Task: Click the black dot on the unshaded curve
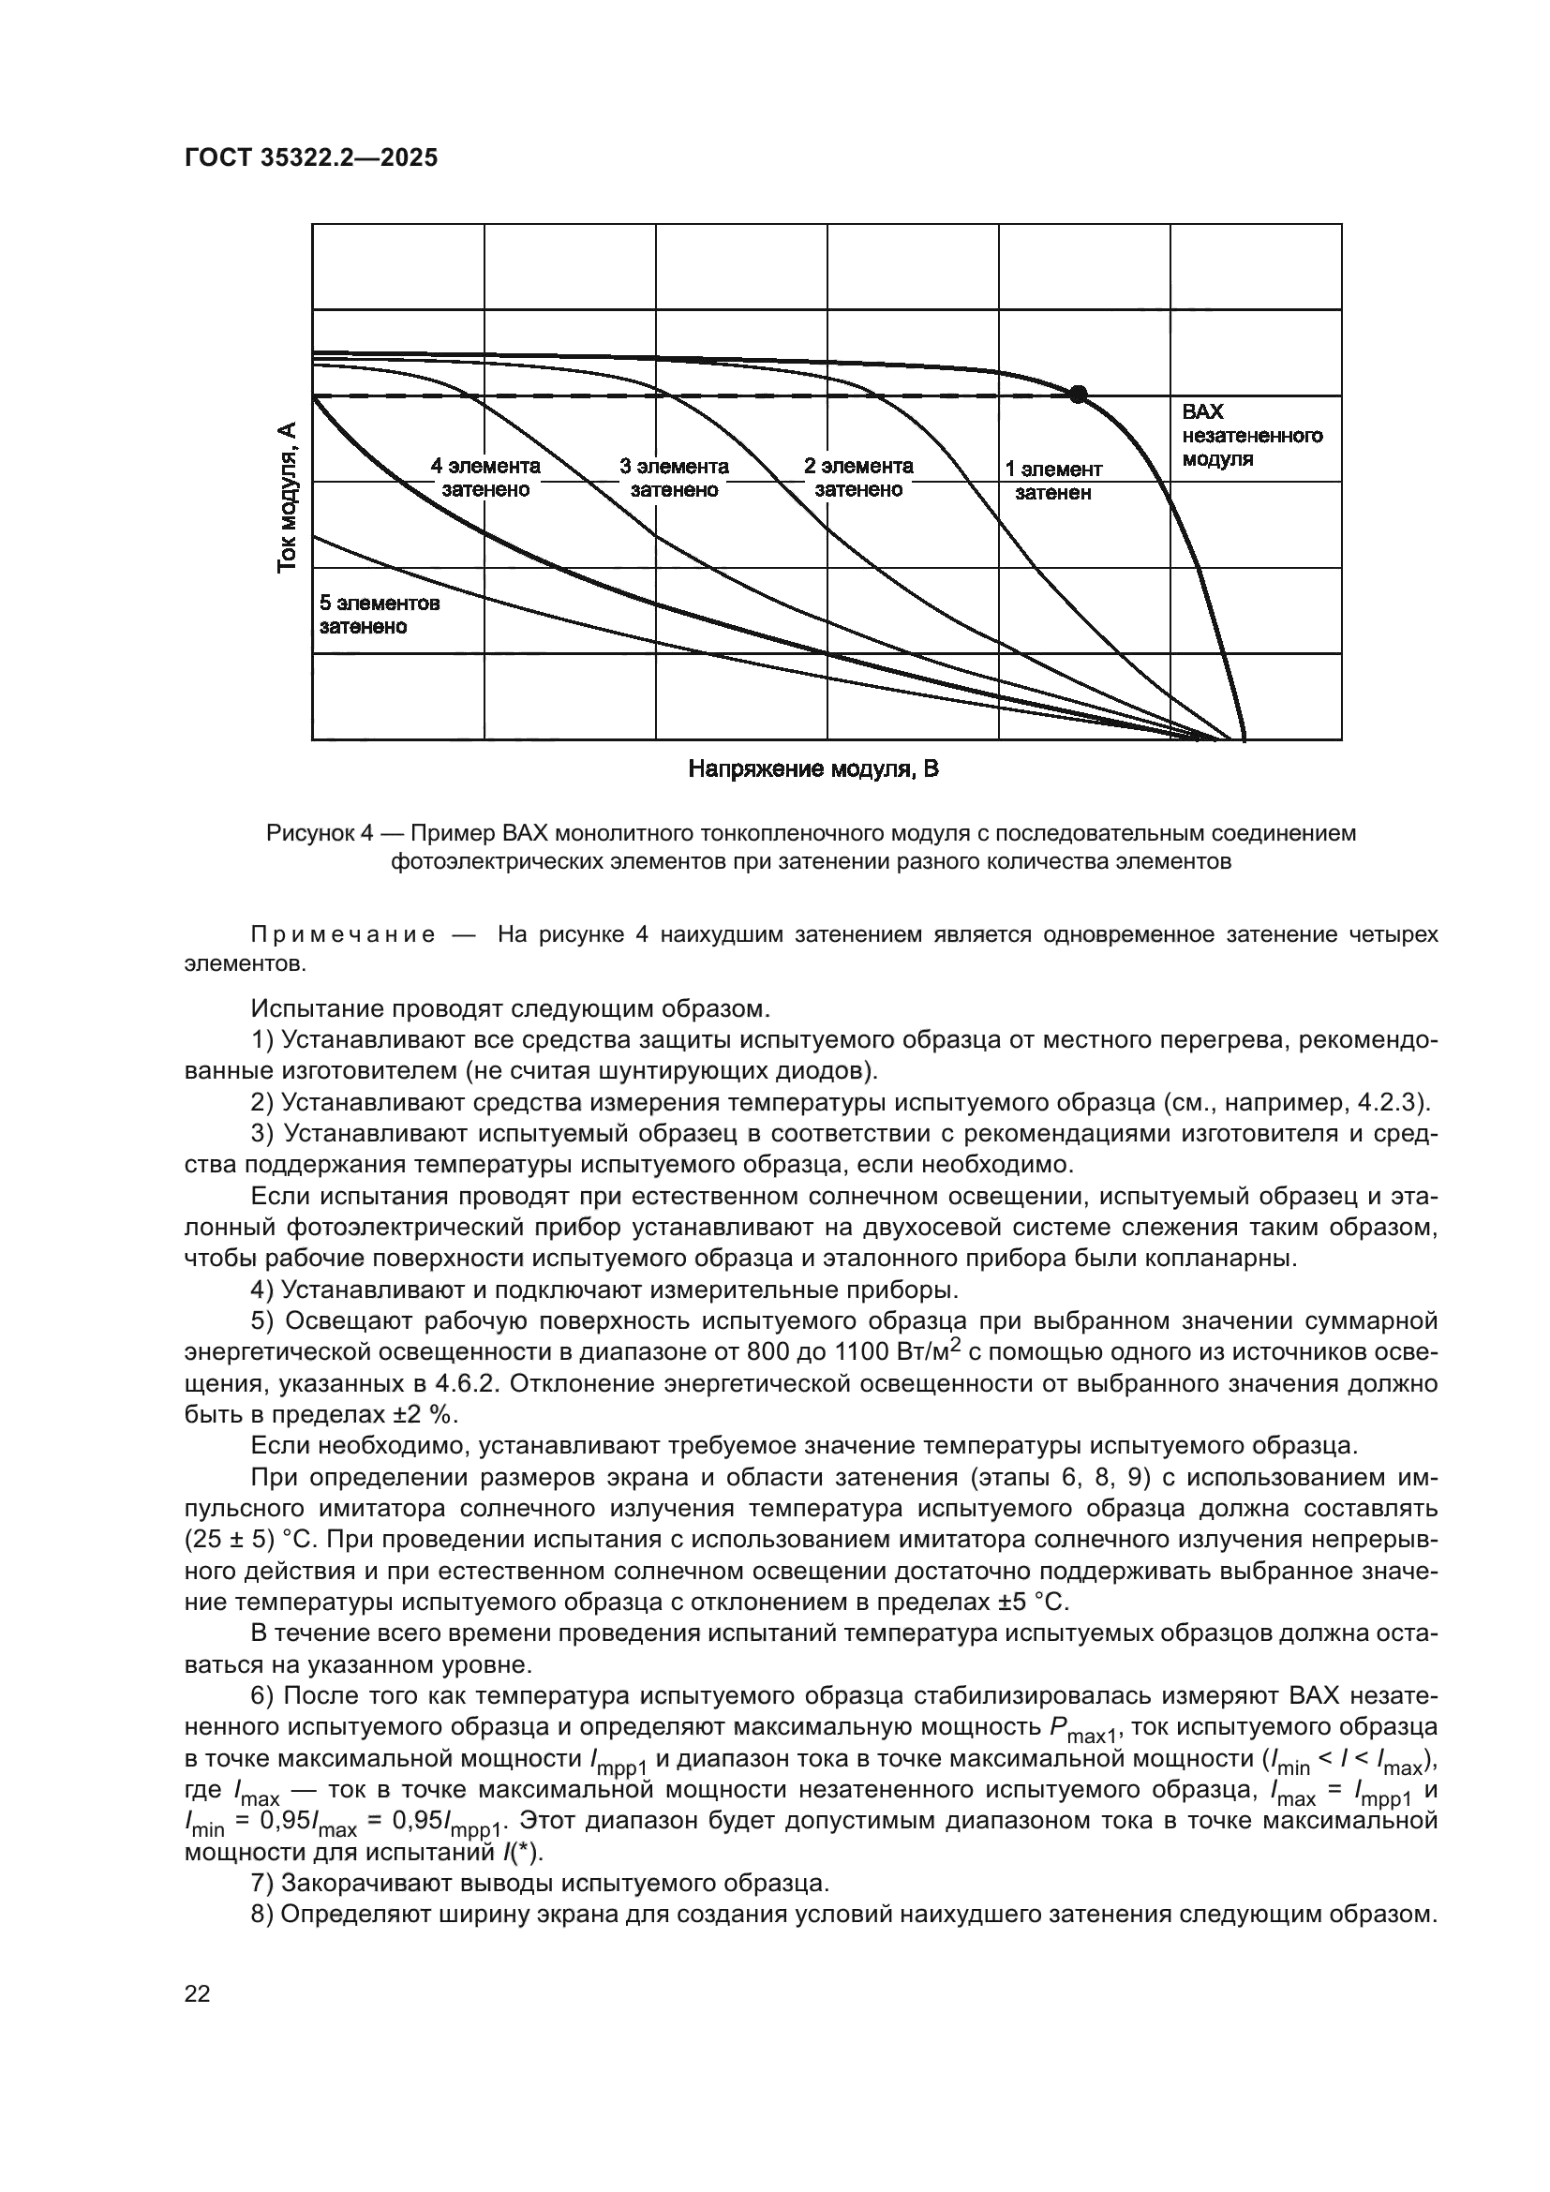pyautogui.click(x=1078, y=394)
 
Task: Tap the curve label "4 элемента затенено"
pyautogui.click(x=484, y=477)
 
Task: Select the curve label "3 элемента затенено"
pyautogui.click(x=674, y=477)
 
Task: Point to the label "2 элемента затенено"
pyautogui.click(x=858, y=477)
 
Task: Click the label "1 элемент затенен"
pyautogui.click(x=1052, y=481)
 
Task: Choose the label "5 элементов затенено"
pyautogui.click(x=379, y=615)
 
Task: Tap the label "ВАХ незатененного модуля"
pyautogui.click(x=1251, y=436)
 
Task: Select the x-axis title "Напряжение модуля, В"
pyautogui.click(x=813, y=769)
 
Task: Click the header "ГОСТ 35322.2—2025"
pyautogui.click(x=310, y=158)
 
